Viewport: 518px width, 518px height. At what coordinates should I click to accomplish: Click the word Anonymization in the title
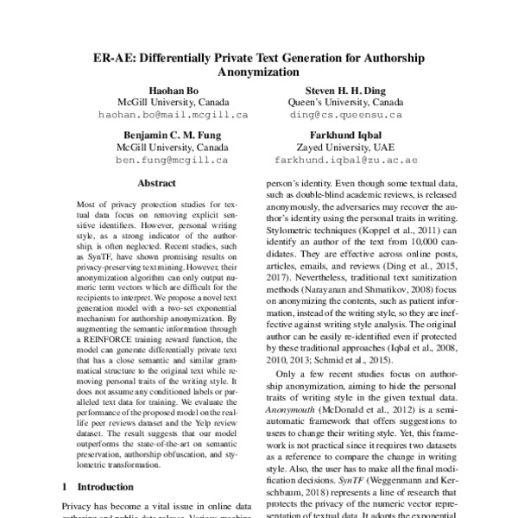(x=258, y=74)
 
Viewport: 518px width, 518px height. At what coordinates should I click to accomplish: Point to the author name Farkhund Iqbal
(x=345, y=136)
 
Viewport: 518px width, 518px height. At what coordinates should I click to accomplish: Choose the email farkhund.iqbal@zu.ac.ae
(x=345, y=160)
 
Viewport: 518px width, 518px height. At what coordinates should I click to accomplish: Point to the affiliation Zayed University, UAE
(x=345, y=148)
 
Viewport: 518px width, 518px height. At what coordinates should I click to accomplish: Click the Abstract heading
(x=157, y=184)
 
